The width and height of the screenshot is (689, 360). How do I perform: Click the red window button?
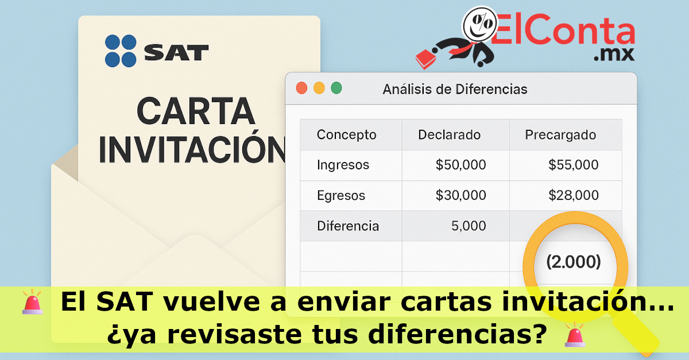[x=301, y=88]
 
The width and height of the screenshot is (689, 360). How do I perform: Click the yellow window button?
[x=319, y=88]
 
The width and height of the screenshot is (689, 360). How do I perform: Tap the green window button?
[x=336, y=88]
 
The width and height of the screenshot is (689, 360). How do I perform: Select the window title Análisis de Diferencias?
[x=455, y=89]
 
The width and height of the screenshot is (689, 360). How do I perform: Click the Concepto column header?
[x=347, y=135]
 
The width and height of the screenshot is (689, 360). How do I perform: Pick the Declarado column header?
[x=449, y=135]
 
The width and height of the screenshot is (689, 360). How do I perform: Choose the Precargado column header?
[x=560, y=135]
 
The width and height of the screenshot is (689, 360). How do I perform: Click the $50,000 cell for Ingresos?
[x=460, y=165]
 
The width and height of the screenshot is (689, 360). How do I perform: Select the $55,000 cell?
[x=573, y=165]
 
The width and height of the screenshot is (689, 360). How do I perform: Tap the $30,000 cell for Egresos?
[x=460, y=195]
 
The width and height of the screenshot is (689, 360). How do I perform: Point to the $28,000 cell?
[x=573, y=195]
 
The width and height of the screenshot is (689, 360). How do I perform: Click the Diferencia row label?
[x=348, y=226]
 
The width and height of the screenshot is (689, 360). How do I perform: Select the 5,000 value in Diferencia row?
[x=469, y=226]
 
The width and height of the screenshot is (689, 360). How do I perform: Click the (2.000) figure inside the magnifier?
[x=573, y=262]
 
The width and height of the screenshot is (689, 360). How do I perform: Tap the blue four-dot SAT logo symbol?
[x=121, y=51]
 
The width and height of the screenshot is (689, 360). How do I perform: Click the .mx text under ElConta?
[x=613, y=55]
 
